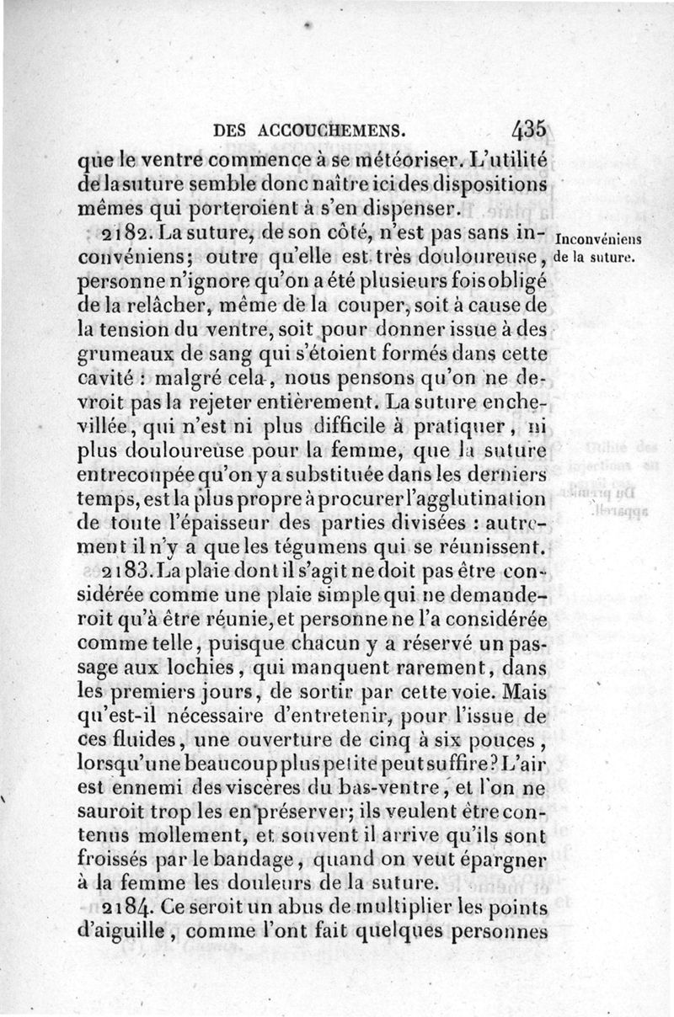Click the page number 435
528,130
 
